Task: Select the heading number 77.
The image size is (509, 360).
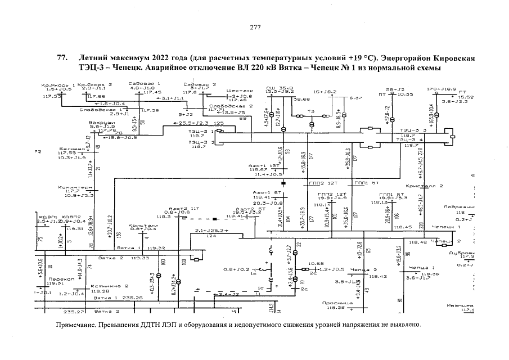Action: (x=62, y=58)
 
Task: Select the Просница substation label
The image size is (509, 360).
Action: (x=337, y=303)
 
